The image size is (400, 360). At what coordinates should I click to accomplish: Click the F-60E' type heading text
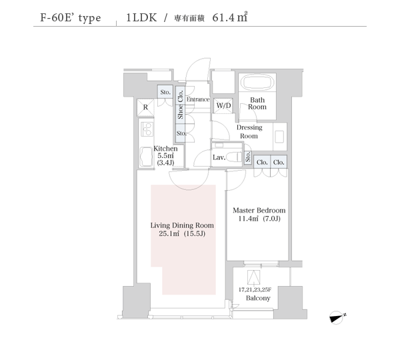(x=71, y=18)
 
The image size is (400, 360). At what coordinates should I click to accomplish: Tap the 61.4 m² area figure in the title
(x=230, y=17)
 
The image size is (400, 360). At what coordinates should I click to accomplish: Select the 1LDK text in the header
(x=141, y=17)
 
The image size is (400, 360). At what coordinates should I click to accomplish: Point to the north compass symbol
(x=338, y=317)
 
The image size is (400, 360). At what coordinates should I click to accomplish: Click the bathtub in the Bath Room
(x=257, y=82)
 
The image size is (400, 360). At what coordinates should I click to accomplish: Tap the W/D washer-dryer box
(x=223, y=105)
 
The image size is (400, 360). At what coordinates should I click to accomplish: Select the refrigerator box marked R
(x=145, y=107)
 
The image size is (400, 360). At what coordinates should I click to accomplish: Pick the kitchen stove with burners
(x=147, y=129)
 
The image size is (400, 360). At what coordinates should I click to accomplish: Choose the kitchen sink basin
(x=147, y=157)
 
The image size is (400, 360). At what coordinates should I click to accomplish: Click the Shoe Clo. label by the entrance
(x=181, y=105)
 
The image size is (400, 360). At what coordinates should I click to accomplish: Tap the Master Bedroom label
(x=259, y=210)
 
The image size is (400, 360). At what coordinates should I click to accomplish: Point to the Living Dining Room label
(x=182, y=225)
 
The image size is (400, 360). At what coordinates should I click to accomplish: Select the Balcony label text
(x=258, y=298)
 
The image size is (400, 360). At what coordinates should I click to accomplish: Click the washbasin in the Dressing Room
(x=279, y=137)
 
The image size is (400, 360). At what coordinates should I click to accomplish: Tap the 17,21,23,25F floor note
(x=255, y=289)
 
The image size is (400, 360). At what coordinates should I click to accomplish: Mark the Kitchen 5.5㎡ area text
(x=165, y=155)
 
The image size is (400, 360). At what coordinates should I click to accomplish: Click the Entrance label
(x=198, y=99)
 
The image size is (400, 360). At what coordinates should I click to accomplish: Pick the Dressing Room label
(x=249, y=131)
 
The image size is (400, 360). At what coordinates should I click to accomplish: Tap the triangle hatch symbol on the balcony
(x=254, y=277)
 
